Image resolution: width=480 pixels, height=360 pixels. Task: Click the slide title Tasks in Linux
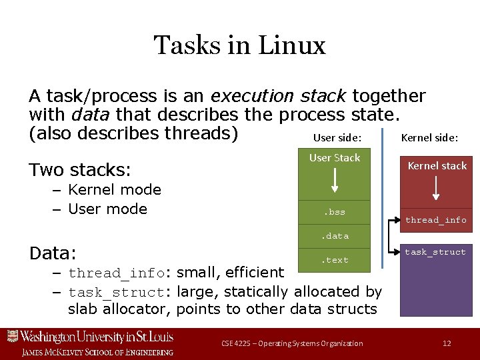[x=239, y=45]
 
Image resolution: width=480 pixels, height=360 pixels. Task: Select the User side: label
[x=337, y=138]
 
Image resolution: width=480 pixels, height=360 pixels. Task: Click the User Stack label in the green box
[x=335, y=158]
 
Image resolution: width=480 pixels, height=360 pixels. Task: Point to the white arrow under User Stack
[x=335, y=180]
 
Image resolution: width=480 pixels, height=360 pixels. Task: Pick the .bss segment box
[x=335, y=212]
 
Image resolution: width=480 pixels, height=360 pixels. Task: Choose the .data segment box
[x=335, y=236]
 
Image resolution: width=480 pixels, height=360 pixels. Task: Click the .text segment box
[x=335, y=260]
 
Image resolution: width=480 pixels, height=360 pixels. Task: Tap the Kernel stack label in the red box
[x=437, y=165]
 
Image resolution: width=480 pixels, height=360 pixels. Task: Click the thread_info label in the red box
[x=436, y=220]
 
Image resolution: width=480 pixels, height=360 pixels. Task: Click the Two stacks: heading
[x=80, y=169]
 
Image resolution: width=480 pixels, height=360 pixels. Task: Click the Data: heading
[x=53, y=254]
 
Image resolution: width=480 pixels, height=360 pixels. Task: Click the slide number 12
[x=447, y=343]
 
